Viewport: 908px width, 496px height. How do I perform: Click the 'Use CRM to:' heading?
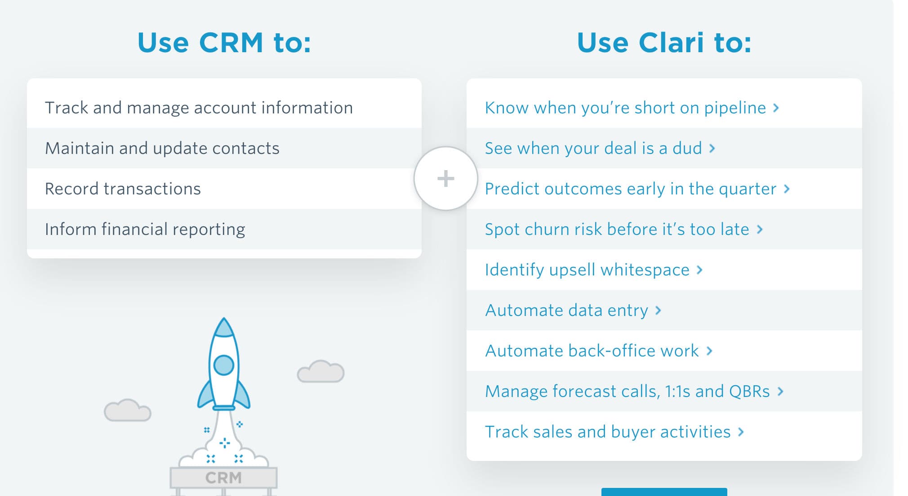224,43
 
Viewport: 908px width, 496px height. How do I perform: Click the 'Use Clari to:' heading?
664,43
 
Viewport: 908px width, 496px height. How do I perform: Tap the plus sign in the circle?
445,178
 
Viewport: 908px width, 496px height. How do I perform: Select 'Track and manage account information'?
199,108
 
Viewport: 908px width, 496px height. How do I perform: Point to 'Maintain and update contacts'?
162,149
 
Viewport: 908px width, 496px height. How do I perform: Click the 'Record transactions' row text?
123,189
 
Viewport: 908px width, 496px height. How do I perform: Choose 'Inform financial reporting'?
145,230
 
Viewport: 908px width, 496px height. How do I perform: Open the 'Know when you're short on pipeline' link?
625,108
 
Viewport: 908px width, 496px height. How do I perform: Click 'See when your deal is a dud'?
593,149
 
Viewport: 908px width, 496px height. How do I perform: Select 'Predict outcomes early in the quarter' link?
631,189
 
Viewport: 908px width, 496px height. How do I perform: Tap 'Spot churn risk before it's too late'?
617,230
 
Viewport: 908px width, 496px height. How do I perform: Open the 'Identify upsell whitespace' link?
587,270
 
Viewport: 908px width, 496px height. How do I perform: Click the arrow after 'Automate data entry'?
658,310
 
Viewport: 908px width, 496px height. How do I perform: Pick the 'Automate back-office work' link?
592,351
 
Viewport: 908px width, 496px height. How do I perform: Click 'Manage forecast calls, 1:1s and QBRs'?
628,392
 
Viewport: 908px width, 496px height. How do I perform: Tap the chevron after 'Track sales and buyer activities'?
741,432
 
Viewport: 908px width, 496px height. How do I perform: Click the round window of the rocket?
224,365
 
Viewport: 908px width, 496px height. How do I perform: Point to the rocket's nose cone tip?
224,319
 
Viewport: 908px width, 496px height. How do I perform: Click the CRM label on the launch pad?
223,478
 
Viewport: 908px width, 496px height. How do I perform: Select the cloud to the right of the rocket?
320,371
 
